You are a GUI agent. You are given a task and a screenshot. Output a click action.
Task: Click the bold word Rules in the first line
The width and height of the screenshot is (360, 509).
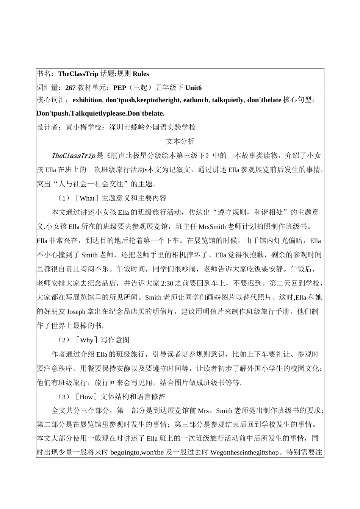click(141, 74)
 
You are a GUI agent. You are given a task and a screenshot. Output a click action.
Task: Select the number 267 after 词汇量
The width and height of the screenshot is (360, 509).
click(70, 88)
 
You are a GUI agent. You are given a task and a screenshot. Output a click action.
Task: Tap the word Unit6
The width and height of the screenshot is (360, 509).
click(193, 88)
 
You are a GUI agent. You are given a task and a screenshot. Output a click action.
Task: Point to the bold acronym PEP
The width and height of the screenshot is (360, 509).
click(120, 88)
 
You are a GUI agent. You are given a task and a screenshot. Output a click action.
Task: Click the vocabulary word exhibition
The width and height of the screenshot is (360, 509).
click(87, 100)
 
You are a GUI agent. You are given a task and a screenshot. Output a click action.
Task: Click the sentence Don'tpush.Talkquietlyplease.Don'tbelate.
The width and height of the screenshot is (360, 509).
click(100, 113)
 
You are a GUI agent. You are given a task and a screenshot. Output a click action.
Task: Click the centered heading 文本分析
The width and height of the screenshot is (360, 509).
click(180, 141)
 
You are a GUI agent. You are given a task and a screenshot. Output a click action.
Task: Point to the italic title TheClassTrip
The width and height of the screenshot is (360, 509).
click(73, 156)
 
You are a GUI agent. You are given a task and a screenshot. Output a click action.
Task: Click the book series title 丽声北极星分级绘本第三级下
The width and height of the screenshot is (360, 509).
click(158, 156)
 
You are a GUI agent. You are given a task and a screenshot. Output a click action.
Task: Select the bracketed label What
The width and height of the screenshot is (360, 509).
click(87, 198)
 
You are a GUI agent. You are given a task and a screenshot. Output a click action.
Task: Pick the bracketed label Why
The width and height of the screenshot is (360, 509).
click(87, 340)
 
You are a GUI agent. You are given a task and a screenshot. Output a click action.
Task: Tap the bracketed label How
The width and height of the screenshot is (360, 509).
click(87, 397)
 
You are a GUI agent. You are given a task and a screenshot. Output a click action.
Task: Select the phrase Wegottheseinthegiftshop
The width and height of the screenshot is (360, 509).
click(244, 452)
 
